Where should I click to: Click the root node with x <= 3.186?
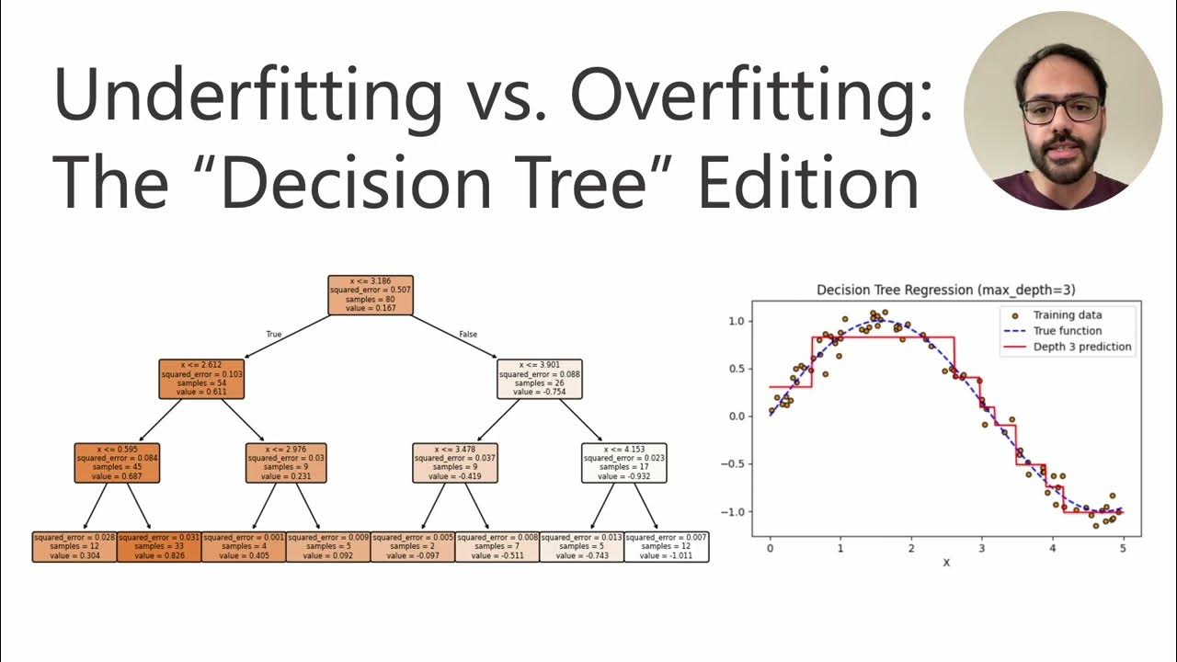click(x=371, y=295)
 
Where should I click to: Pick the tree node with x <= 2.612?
click(x=201, y=378)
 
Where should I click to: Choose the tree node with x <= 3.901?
click(x=540, y=378)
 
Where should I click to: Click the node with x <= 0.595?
click(x=117, y=462)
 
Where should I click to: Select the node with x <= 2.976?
click(x=286, y=462)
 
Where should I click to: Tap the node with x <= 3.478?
click(x=455, y=462)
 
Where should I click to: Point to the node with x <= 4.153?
click(x=624, y=462)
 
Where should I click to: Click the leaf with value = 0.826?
click(x=159, y=546)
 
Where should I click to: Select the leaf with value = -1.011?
click(x=667, y=546)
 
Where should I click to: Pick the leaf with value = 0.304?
click(x=74, y=546)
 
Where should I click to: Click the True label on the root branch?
click(x=273, y=335)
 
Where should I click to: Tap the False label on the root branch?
click(x=468, y=335)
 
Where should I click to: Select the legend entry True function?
click(x=1067, y=331)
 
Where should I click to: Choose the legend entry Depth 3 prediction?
click(x=1081, y=347)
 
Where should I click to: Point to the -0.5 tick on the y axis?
click(x=734, y=463)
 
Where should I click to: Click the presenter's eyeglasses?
click(x=1060, y=110)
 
